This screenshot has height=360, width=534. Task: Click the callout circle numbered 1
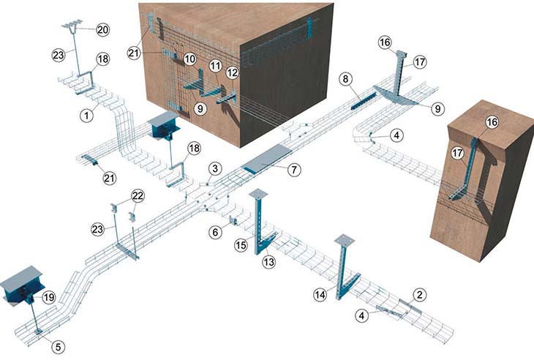(87, 116)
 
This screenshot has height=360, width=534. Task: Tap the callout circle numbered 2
(420, 295)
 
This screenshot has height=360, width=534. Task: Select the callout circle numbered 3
(215, 168)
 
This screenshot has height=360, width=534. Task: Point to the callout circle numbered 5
(59, 347)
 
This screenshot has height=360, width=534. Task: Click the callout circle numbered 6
(215, 233)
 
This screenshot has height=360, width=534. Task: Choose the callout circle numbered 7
(294, 169)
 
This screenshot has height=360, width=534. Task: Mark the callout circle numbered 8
(346, 79)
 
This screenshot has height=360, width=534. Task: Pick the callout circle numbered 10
(189, 59)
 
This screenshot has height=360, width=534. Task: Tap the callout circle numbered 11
(215, 66)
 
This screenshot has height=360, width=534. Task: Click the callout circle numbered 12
(233, 72)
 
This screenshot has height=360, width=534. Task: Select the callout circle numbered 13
(268, 262)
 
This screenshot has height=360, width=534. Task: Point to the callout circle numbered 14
(320, 295)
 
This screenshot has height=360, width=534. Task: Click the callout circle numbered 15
(241, 245)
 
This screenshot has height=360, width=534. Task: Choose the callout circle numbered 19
(49, 297)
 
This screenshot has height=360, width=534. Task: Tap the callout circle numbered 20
(102, 29)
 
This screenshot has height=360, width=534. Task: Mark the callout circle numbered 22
(138, 196)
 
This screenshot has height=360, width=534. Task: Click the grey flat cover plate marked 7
(267, 160)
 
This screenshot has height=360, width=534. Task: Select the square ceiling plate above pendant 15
(258, 193)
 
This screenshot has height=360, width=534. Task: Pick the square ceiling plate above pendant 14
(345, 239)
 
